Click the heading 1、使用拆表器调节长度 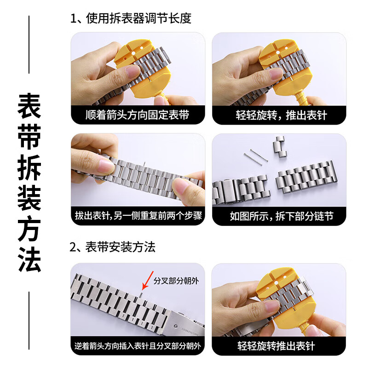click(131, 19)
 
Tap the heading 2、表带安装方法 click(113, 247)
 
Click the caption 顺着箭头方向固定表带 click(138, 115)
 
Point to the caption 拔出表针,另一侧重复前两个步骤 click(138, 216)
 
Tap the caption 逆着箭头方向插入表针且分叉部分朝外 click(138, 345)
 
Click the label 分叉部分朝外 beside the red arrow click(176, 280)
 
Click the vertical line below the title click(29, 322)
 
